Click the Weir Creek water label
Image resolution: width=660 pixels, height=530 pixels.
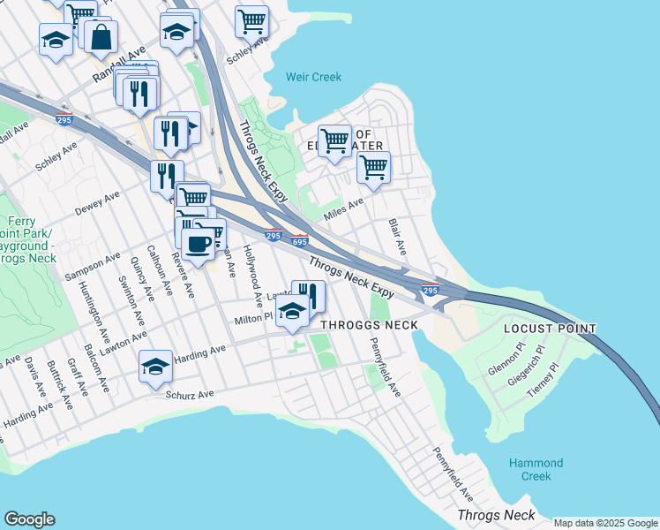313,78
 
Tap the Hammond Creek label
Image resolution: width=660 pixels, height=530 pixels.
536,469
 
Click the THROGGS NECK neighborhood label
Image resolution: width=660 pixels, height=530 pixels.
369,325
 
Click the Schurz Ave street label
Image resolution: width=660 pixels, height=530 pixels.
191,395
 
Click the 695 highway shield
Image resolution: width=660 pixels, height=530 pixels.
300,240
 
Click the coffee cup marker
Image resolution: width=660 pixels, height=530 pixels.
198,245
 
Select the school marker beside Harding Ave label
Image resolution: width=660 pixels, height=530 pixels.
155,366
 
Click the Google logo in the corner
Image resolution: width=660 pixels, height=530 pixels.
29,519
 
